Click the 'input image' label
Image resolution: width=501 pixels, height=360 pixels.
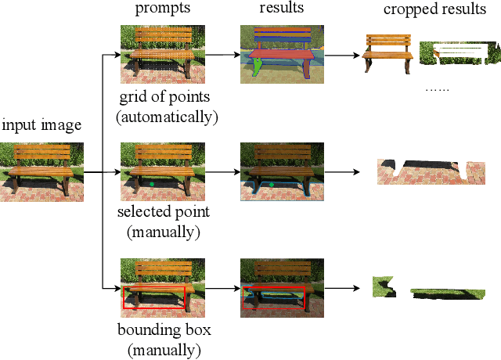pos(40,125)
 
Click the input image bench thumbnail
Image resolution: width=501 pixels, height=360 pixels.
pos(41,172)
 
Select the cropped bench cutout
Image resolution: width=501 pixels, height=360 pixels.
pos(388,53)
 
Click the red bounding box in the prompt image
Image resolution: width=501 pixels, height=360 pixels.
pos(154,300)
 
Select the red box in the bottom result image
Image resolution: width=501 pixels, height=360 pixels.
pos(274,300)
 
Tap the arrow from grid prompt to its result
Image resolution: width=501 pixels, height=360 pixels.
pos(216,55)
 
